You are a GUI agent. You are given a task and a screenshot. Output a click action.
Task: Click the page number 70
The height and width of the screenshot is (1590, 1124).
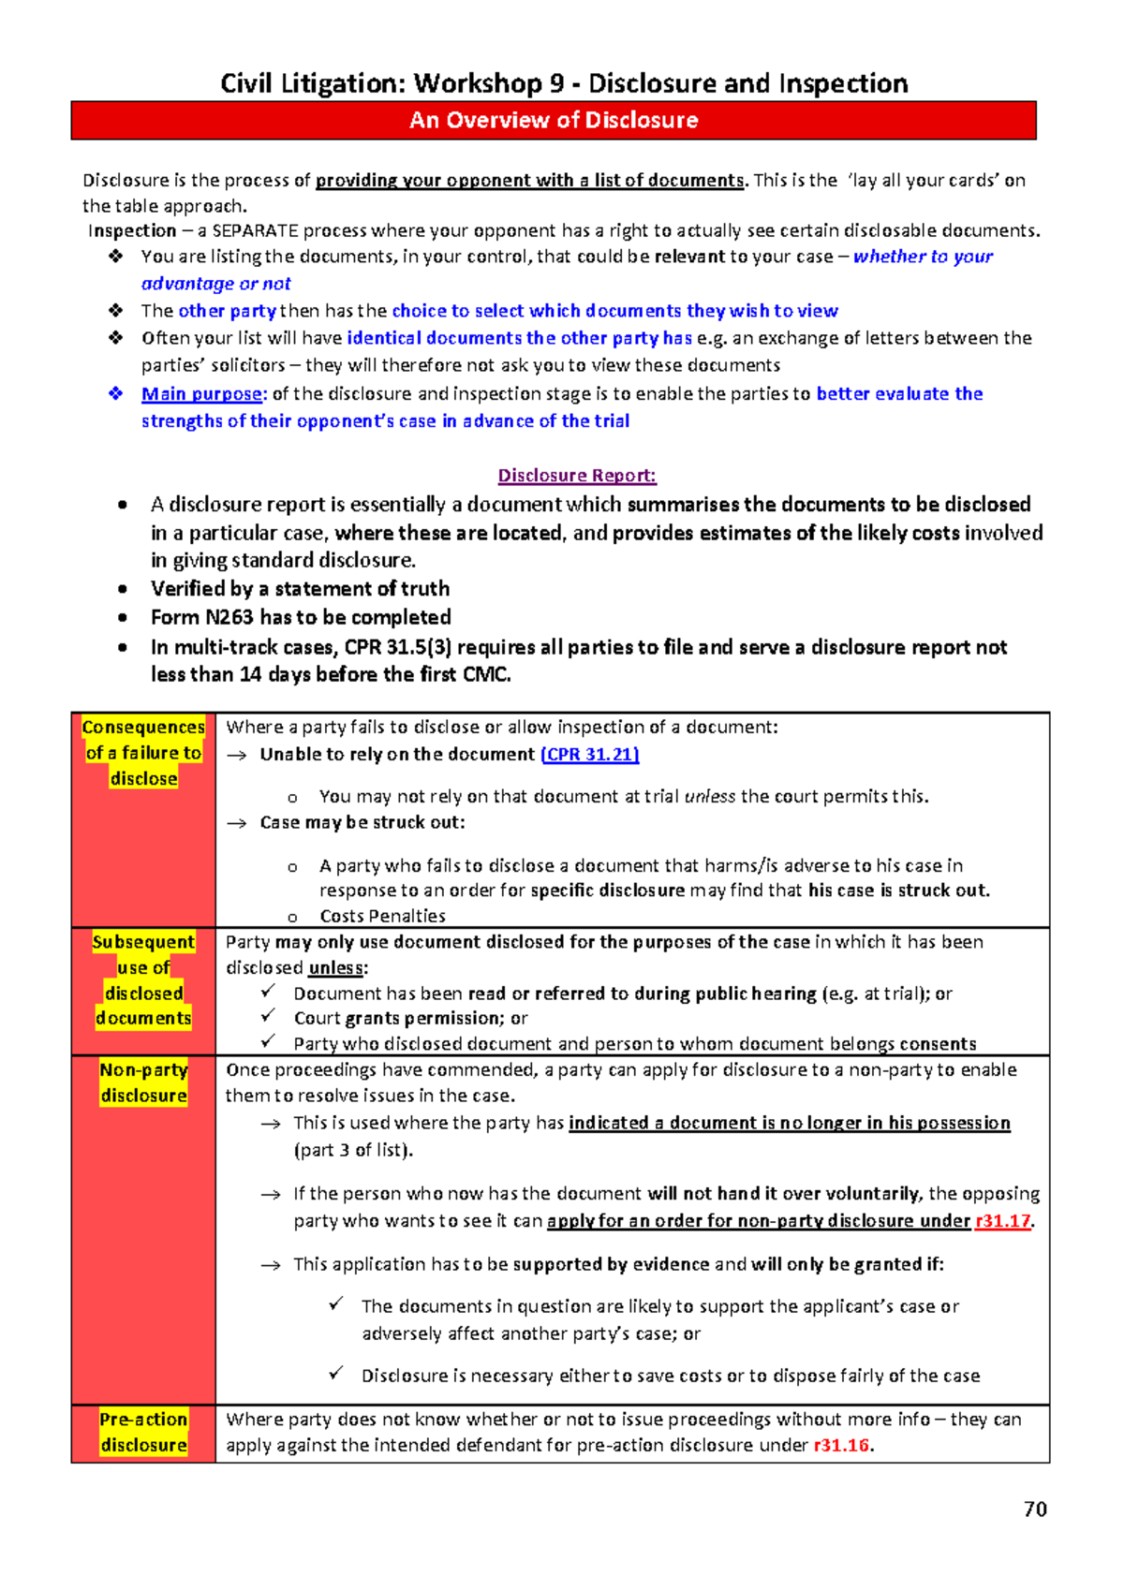point(1035,1509)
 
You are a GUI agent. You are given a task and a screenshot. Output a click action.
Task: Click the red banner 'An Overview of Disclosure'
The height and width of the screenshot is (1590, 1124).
point(554,121)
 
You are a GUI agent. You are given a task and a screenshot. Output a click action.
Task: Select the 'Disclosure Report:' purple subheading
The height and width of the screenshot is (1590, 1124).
point(576,476)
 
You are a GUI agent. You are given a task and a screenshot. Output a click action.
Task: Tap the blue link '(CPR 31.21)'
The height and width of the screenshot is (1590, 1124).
point(590,755)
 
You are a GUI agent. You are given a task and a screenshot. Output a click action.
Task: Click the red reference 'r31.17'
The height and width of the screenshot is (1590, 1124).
point(1003,1221)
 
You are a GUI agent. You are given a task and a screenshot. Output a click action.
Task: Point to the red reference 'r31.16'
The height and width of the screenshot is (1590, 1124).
point(841,1445)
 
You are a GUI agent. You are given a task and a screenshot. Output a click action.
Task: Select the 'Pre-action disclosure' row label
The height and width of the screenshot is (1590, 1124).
point(143,1433)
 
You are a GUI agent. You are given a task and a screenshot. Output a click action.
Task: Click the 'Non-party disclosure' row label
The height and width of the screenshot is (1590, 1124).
point(143,1082)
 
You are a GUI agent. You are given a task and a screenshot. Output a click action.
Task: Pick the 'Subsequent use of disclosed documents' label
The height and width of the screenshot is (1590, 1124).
point(143,980)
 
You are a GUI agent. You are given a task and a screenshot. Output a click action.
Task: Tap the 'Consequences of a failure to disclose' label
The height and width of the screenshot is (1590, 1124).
point(143,753)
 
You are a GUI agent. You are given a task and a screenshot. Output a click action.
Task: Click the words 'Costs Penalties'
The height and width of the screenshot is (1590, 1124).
point(382,916)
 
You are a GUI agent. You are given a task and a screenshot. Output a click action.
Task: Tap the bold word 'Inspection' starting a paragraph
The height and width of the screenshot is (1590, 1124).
point(132,231)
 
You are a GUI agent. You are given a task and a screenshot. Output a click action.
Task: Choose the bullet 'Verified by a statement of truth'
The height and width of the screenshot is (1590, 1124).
point(300,589)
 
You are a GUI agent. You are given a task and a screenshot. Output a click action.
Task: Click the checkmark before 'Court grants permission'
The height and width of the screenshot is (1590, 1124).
point(269,1016)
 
